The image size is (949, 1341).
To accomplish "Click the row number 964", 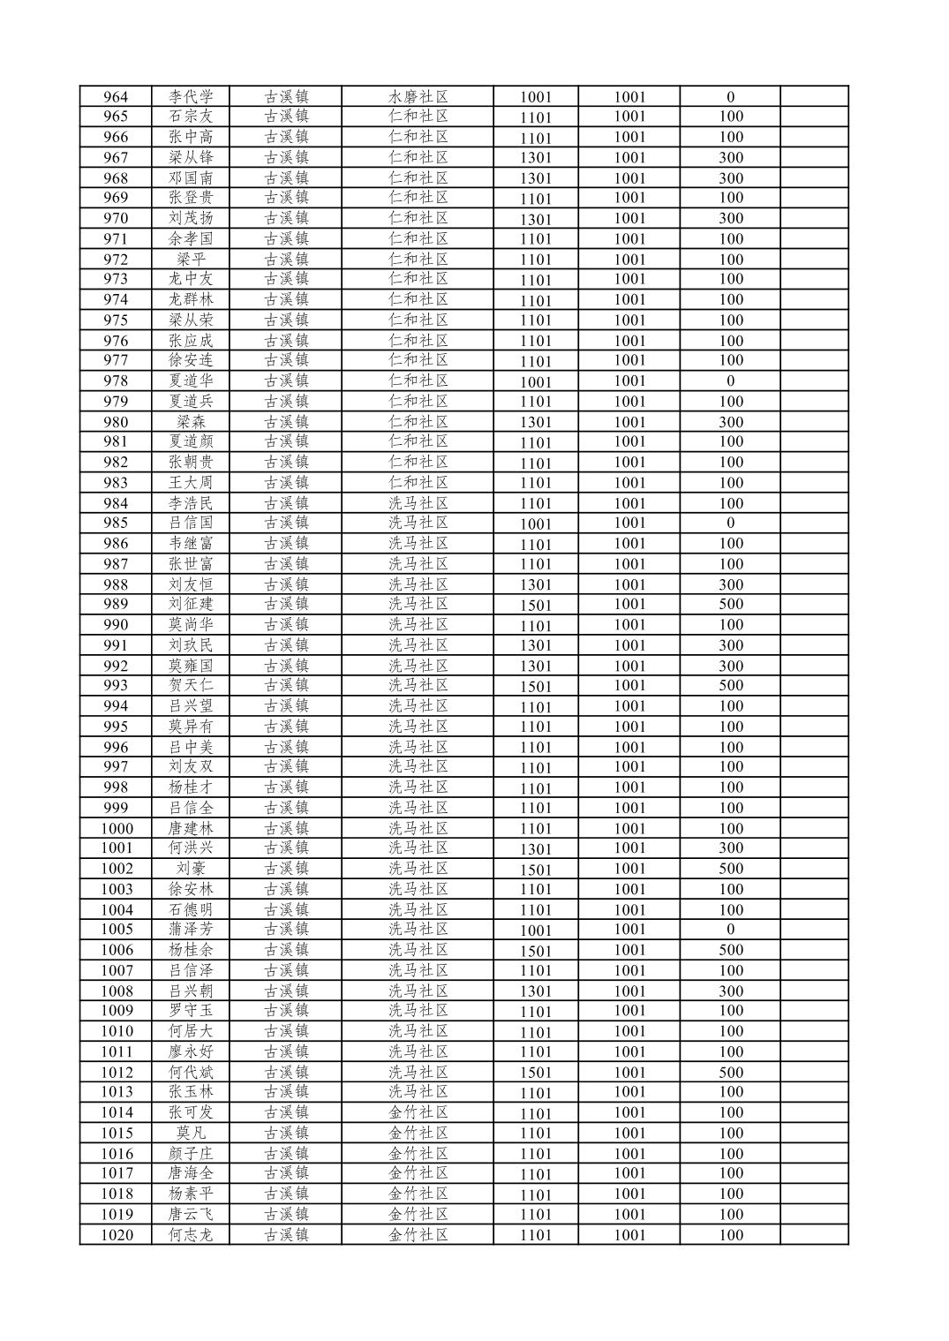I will (x=116, y=97).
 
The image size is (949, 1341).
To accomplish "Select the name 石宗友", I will (x=191, y=117).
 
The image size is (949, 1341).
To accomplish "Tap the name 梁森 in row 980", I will (x=191, y=422).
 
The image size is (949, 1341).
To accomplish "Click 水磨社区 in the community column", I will (x=418, y=97).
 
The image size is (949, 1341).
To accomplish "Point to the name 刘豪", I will (x=191, y=869).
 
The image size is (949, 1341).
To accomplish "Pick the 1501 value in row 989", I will (x=535, y=605).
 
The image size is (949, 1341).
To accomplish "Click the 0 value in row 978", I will (x=730, y=381).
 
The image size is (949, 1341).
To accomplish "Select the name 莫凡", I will (x=191, y=1133).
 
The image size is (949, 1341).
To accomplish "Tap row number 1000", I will (x=117, y=828).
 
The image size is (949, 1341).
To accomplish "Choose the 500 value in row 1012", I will (x=730, y=1073).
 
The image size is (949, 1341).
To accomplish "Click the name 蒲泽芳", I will (x=191, y=929).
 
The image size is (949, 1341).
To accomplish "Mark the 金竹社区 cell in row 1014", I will (x=418, y=1112).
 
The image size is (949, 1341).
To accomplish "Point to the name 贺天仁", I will (x=191, y=685).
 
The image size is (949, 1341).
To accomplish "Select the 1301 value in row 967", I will (x=535, y=158).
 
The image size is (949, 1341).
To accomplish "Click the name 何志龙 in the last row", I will (x=191, y=1235).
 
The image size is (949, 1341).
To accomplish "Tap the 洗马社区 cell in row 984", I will (x=418, y=503).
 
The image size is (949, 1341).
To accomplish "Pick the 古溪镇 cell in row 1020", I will (x=286, y=1235).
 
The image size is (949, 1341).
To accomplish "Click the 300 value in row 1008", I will (x=730, y=991).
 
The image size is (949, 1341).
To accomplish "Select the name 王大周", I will (x=191, y=483).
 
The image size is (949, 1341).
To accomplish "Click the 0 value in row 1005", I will (x=730, y=929).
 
